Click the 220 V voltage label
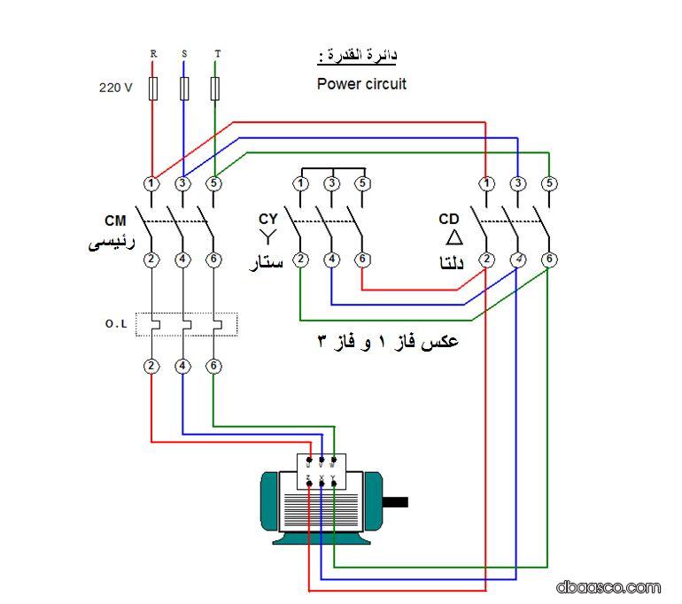115,89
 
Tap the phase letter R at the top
153,54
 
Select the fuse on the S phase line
184,88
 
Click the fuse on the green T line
215,88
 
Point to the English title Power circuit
361,85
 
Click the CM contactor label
116,220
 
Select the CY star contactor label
267,219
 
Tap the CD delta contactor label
449,219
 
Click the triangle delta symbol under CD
453,237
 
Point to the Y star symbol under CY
267,236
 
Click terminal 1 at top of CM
152,184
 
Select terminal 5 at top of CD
549,184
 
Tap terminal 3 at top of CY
331,184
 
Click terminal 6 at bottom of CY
361,259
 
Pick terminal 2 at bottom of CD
486,259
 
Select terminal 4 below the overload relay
182,366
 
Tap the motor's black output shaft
395,501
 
